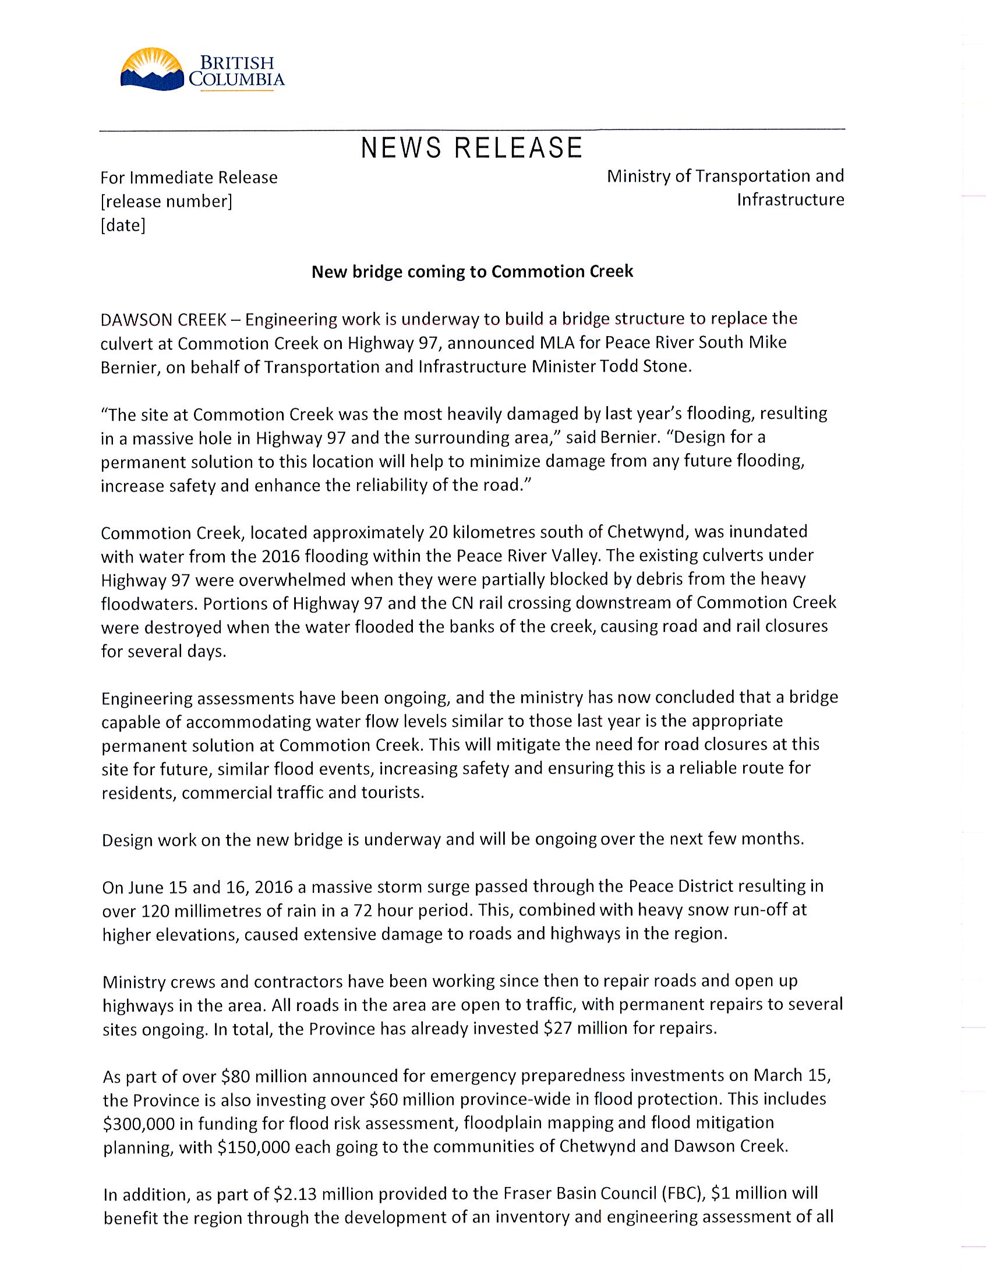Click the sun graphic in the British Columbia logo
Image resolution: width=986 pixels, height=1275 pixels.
[x=151, y=63]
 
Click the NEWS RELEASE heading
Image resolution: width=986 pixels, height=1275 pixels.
[x=472, y=148]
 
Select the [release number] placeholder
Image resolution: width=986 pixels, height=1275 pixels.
[x=167, y=202]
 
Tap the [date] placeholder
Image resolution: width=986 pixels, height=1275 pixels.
[x=123, y=225]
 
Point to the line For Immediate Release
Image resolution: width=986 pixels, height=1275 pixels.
[x=189, y=178]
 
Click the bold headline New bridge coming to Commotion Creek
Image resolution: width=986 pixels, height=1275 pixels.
[x=472, y=271]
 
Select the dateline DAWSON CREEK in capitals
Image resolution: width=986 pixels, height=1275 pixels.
[x=164, y=319]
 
